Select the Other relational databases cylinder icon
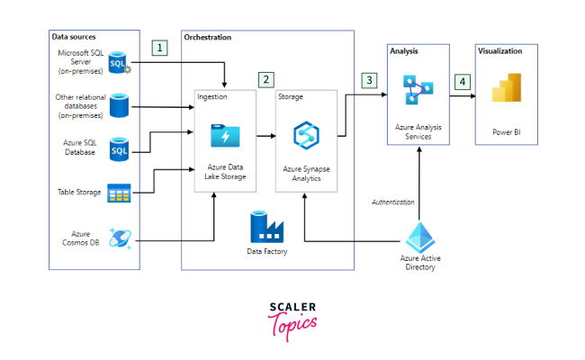[119, 106]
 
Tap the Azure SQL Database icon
[119, 148]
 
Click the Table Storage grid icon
[119, 193]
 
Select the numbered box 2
[265, 79]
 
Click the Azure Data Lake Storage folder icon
[224, 136]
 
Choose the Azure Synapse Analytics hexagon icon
[303, 136]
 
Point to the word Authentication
[393, 202]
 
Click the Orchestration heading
[207, 38]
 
